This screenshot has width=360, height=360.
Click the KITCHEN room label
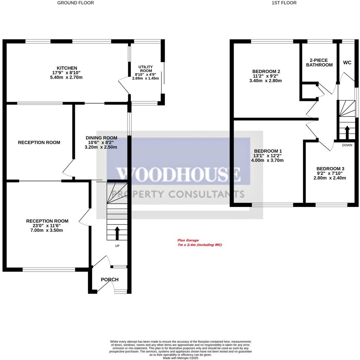(66, 68)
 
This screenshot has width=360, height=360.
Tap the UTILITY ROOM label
(145, 69)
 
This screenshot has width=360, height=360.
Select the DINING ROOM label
(101, 138)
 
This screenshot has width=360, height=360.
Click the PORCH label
(109, 279)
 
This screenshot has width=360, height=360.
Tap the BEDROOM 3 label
(330, 169)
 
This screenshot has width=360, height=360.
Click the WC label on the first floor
(347, 62)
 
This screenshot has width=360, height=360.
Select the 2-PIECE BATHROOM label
(319, 62)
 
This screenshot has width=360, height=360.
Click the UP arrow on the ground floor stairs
(117, 233)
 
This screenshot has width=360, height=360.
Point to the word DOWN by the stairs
(347, 145)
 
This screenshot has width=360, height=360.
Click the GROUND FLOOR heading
(75, 3)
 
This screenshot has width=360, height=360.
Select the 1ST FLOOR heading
(284, 3)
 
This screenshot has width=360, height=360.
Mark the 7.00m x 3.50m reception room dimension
(47, 230)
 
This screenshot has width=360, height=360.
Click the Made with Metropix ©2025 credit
(180, 358)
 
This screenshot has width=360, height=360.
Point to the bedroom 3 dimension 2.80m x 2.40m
(330, 178)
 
